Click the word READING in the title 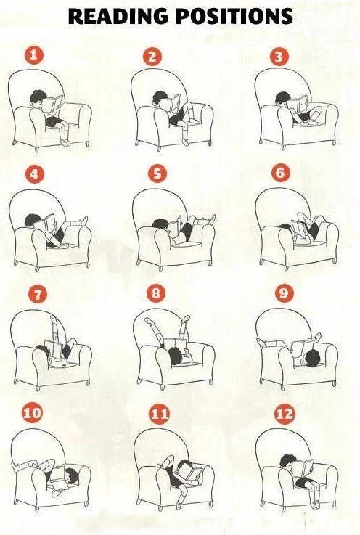click(117, 17)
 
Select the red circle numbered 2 click(152, 57)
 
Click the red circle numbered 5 click(157, 173)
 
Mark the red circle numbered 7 click(34, 294)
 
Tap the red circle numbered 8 click(157, 293)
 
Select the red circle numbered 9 click(283, 294)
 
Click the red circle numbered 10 click(32, 413)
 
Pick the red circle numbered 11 click(159, 414)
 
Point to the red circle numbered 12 click(285, 414)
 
